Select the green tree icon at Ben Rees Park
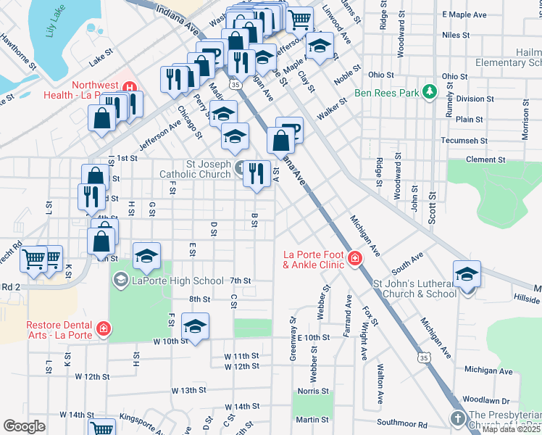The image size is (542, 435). tap(430, 91)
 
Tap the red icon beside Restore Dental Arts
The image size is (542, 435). tap(103, 328)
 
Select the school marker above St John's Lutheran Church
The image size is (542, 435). tap(467, 274)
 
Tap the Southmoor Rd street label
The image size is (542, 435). tap(401, 424)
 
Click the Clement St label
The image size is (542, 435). tap(485, 159)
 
